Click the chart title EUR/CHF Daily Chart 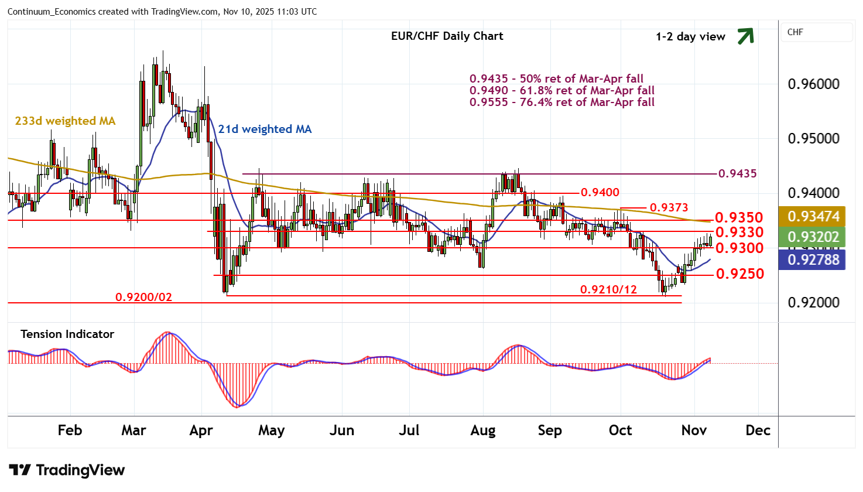[447, 36]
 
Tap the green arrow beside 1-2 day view [745, 36]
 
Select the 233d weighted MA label [65, 121]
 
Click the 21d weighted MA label [265, 129]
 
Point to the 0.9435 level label [737, 173]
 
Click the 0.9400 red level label [600, 193]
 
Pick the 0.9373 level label [669, 208]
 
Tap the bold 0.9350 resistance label [739, 218]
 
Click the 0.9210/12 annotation [608, 290]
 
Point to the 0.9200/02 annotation [143, 298]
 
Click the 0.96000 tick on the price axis [813, 84]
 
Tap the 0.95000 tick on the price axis [813, 139]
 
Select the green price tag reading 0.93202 [813, 237]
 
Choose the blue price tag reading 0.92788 [813, 259]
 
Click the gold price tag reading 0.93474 [813, 217]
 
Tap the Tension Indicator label [67, 334]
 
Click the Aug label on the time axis [482, 430]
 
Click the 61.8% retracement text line [561, 91]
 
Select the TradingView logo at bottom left [67, 470]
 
